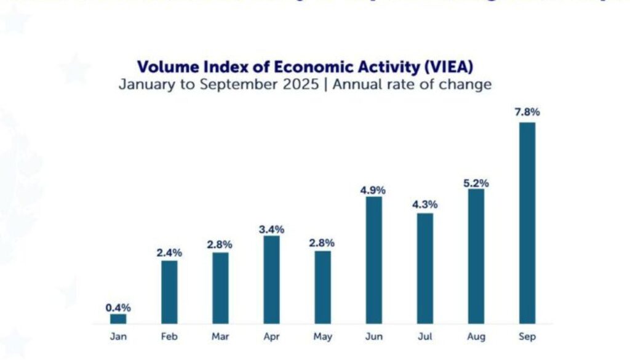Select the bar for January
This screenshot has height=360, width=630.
[x=118, y=319]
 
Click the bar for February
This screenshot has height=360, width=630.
[x=169, y=292]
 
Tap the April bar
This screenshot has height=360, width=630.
[x=271, y=279]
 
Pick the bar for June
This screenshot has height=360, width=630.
[x=373, y=260]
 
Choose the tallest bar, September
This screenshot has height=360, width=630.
[x=527, y=223]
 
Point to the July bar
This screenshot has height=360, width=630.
[x=425, y=268]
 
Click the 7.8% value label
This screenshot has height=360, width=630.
[x=527, y=112]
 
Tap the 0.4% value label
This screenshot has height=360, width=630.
[x=118, y=308]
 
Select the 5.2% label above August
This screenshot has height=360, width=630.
[x=476, y=183]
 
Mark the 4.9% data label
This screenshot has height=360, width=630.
[x=373, y=190]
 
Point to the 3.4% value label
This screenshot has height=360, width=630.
[x=271, y=229]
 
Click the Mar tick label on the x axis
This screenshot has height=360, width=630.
[x=220, y=337]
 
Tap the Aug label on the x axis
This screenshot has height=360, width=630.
[x=476, y=337]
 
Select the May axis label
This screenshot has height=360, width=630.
[x=322, y=337]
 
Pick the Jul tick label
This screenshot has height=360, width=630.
[x=425, y=337]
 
